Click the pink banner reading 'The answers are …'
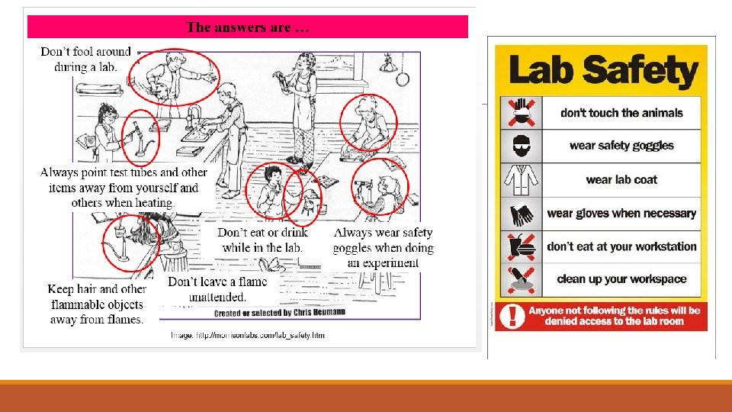(x=248, y=27)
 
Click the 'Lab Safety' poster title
(x=602, y=71)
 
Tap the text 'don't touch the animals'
(x=621, y=113)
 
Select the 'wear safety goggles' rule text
(x=621, y=146)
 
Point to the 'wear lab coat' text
(x=621, y=180)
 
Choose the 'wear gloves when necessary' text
(x=621, y=214)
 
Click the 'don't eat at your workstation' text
(x=621, y=246)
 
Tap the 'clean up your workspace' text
(x=621, y=279)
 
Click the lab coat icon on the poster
(x=522, y=180)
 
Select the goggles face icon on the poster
(x=522, y=146)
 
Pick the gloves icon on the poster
(x=522, y=214)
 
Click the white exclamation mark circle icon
(x=515, y=316)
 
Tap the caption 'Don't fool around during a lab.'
(x=85, y=59)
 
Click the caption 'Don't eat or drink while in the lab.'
(x=262, y=240)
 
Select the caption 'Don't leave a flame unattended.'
(x=217, y=289)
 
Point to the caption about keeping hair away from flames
(x=96, y=304)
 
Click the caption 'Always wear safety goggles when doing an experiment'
(x=383, y=247)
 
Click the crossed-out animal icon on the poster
(x=522, y=113)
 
